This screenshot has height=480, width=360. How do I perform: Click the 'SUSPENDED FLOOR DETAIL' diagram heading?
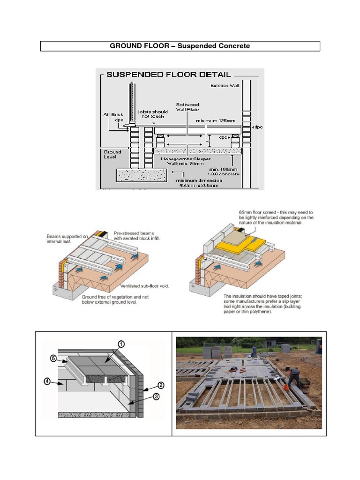[x=168, y=75]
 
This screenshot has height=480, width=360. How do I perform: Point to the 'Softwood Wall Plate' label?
[x=187, y=107]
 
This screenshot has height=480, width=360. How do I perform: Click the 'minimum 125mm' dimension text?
[x=216, y=120]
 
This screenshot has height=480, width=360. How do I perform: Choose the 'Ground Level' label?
[x=112, y=154]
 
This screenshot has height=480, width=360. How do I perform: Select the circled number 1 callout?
[x=120, y=344]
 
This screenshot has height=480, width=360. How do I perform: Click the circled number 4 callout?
[x=48, y=382]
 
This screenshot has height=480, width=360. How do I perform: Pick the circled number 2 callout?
[x=160, y=386]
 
